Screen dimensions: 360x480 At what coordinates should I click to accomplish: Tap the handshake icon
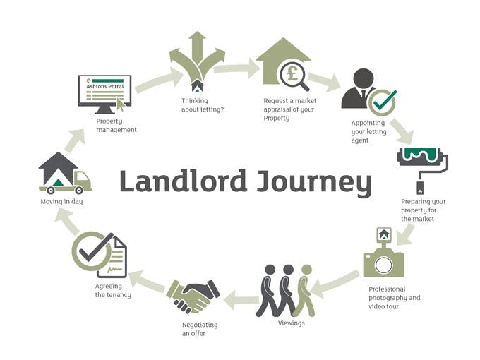tap(193, 294)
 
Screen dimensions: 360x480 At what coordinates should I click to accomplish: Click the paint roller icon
tap(422, 166)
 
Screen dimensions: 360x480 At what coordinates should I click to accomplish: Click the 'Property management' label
tap(116, 126)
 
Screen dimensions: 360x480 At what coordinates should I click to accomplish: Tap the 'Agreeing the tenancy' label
tap(113, 290)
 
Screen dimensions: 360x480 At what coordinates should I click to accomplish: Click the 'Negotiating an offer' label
tap(201, 329)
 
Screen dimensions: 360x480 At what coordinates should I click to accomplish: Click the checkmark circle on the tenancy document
tap(92, 251)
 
